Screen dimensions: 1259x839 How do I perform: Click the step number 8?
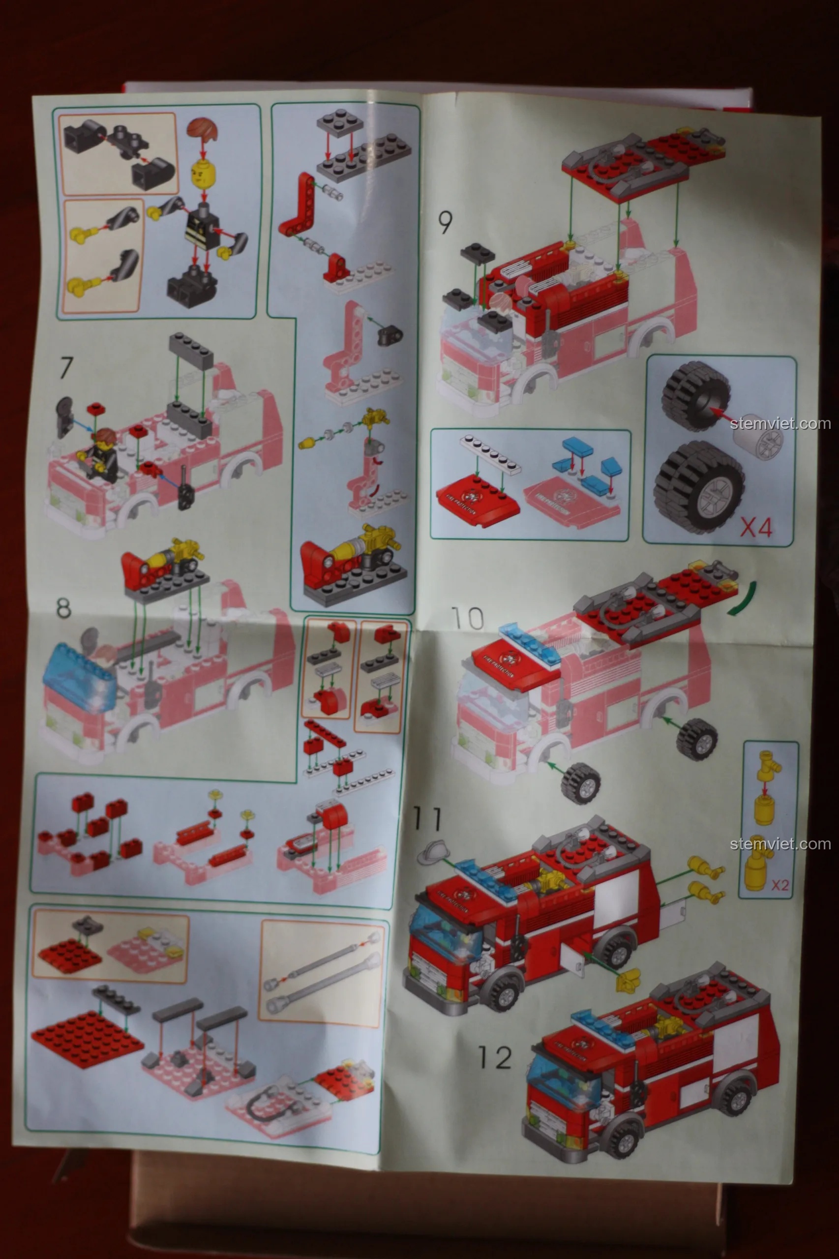click(x=63, y=608)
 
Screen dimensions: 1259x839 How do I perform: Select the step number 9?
click(x=445, y=222)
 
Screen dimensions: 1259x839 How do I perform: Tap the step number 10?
click(x=467, y=619)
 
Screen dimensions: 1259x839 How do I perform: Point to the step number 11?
click(x=427, y=819)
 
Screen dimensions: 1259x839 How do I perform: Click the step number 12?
click(x=494, y=1058)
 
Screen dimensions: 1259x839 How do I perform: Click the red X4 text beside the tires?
click(x=756, y=528)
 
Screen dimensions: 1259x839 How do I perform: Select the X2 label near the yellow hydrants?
click(x=779, y=885)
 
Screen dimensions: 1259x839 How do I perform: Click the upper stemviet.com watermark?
click(x=780, y=424)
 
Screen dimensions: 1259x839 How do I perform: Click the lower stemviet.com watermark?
click(x=780, y=844)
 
